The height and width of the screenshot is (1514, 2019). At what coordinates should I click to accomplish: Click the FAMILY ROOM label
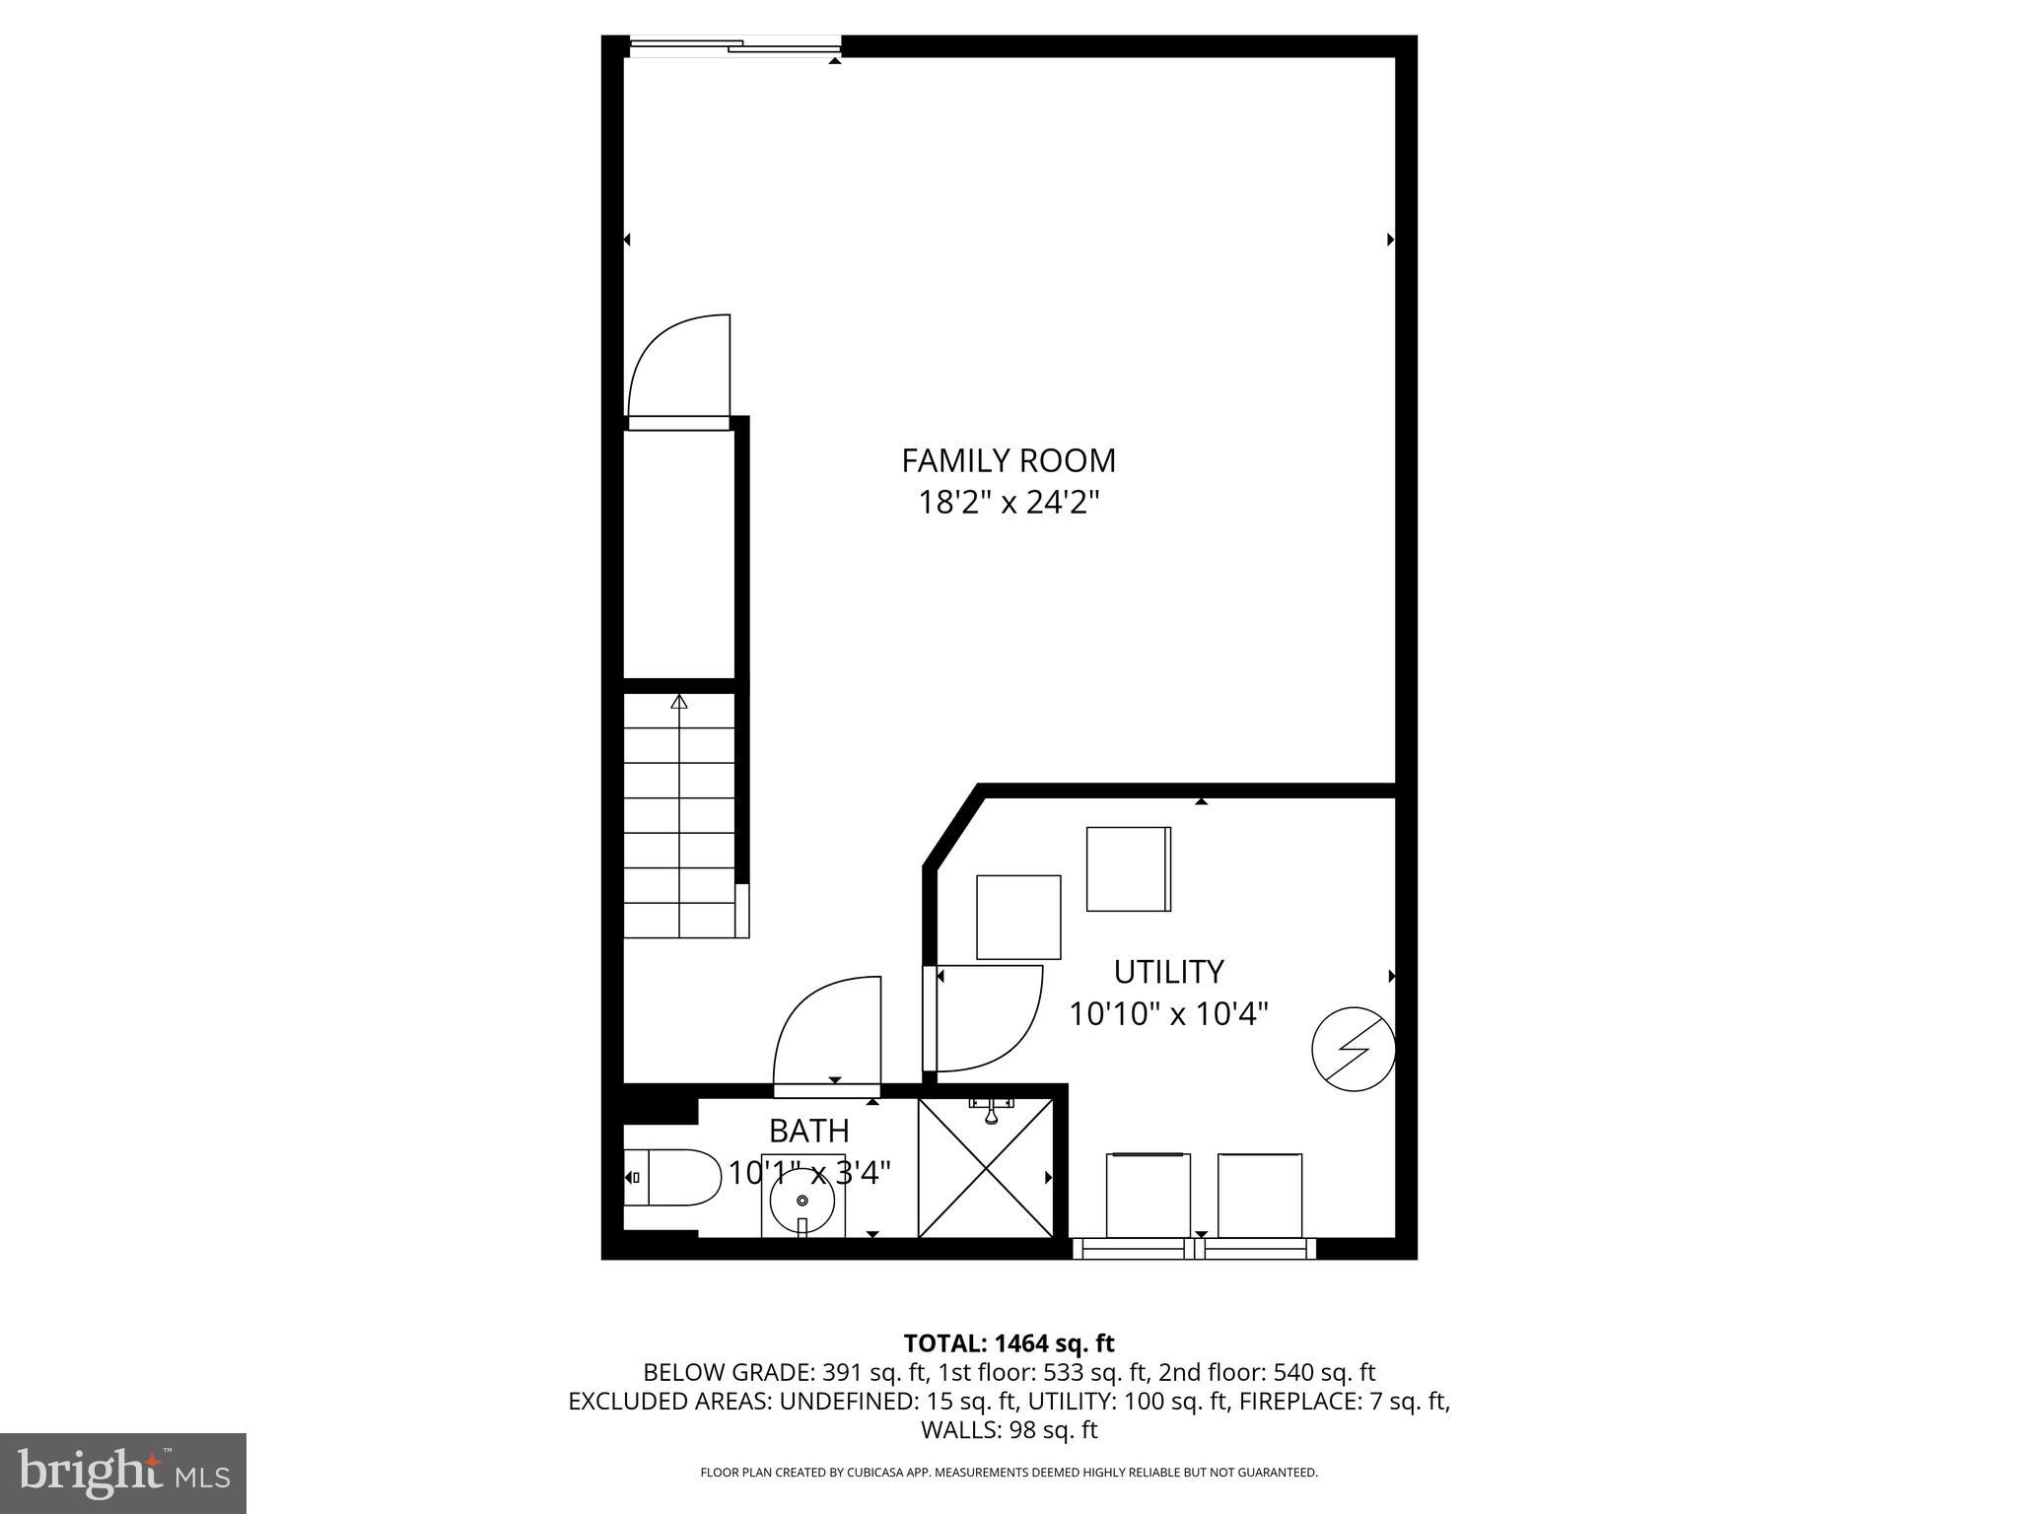1009,460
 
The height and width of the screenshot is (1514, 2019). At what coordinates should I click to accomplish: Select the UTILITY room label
1168,972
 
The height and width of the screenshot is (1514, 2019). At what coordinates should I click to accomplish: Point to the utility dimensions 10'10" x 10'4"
1168,1013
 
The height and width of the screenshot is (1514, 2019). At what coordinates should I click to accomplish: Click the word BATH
808,1130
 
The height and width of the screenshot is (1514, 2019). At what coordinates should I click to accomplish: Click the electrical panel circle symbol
1354,1049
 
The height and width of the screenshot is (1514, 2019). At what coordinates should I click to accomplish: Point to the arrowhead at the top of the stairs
679,702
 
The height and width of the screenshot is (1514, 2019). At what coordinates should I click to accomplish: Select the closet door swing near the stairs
678,369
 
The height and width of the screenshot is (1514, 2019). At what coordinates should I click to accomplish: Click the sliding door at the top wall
734,45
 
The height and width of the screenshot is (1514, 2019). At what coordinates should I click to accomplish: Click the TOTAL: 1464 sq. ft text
1009,1343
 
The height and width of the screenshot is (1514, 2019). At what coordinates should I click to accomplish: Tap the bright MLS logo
123,1473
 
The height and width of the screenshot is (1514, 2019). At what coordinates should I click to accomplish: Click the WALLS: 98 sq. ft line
1009,1429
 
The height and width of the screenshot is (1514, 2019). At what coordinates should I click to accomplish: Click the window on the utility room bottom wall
1194,1249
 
